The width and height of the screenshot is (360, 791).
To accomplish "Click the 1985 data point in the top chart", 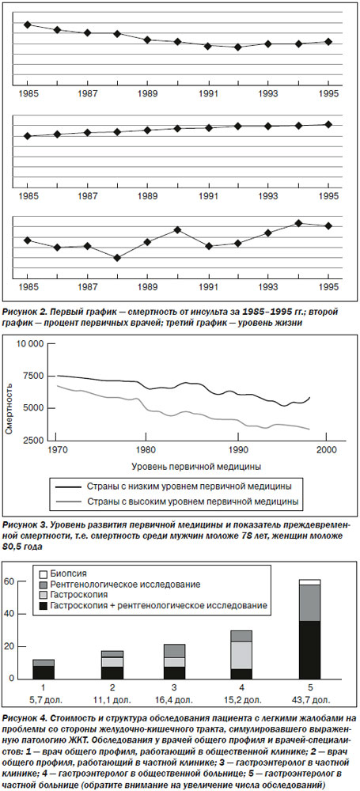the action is pyautogui.click(x=28, y=25).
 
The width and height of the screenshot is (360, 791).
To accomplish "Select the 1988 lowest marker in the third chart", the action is pyautogui.click(x=118, y=258).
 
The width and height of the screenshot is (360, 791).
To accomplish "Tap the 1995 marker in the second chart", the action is pyautogui.click(x=328, y=124).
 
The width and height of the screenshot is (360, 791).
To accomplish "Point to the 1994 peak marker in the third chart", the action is pyautogui.click(x=298, y=223).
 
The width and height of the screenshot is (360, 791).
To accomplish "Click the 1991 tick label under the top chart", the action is pyautogui.click(x=208, y=94).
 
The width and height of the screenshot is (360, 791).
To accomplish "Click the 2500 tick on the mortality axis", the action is pyautogui.click(x=32, y=441).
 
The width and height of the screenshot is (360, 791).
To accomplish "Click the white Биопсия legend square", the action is pyautogui.click(x=44, y=574).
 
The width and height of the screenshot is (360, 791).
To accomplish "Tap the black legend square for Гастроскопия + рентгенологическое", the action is pyautogui.click(x=44, y=605).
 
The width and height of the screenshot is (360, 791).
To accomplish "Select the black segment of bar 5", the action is pyautogui.click(x=309, y=649).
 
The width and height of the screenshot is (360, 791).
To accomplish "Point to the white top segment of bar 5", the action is pyautogui.click(x=309, y=582).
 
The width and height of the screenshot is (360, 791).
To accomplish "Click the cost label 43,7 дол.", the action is pyautogui.click(x=309, y=700).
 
